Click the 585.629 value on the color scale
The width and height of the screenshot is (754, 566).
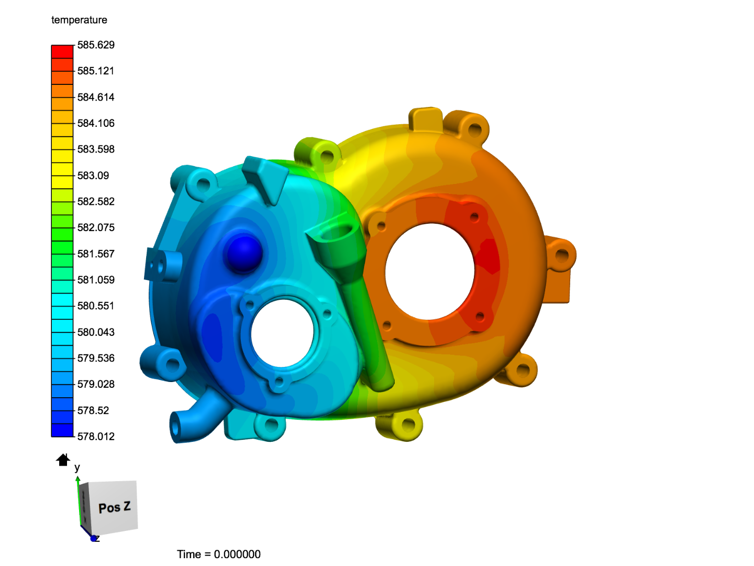click(96, 45)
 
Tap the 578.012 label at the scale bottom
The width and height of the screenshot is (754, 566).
click(96, 437)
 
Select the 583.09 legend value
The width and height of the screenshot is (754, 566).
click(93, 176)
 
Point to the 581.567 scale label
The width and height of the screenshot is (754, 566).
click(96, 254)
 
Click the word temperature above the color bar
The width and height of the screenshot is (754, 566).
click(80, 20)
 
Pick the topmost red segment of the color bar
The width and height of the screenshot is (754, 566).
click(62, 51)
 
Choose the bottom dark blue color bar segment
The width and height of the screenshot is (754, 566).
click(62, 430)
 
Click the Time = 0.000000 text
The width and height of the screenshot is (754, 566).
click(219, 554)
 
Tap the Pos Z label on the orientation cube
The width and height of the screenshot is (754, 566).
click(114, 508)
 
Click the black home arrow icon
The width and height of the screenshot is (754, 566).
click(63, 460)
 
